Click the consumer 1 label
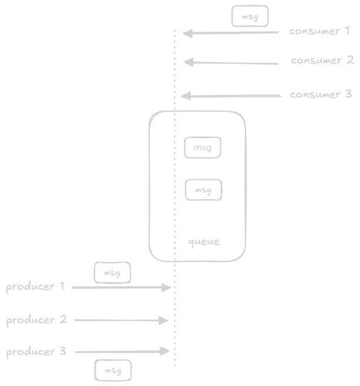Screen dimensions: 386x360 click(319, 31)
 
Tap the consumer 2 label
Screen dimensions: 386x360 click(322, 61)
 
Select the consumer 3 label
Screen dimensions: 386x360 click(321, 94)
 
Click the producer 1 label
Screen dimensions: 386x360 click(35, 287)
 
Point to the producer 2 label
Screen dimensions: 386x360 click(36, 320)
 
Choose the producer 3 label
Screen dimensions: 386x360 click(36, 352)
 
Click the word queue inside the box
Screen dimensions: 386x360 click(203, 241)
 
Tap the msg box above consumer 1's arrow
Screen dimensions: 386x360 click(250, 17)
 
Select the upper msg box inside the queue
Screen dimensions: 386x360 click(203, 147)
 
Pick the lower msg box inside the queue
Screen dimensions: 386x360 click(203, 190)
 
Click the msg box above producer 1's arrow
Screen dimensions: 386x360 click(112, 273)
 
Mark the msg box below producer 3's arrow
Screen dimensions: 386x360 click(113, 370)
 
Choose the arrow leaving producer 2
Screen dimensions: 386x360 click(120, 320)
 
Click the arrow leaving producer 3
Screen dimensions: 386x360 click(120, 351)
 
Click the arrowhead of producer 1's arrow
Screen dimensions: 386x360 click(167, 287)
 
